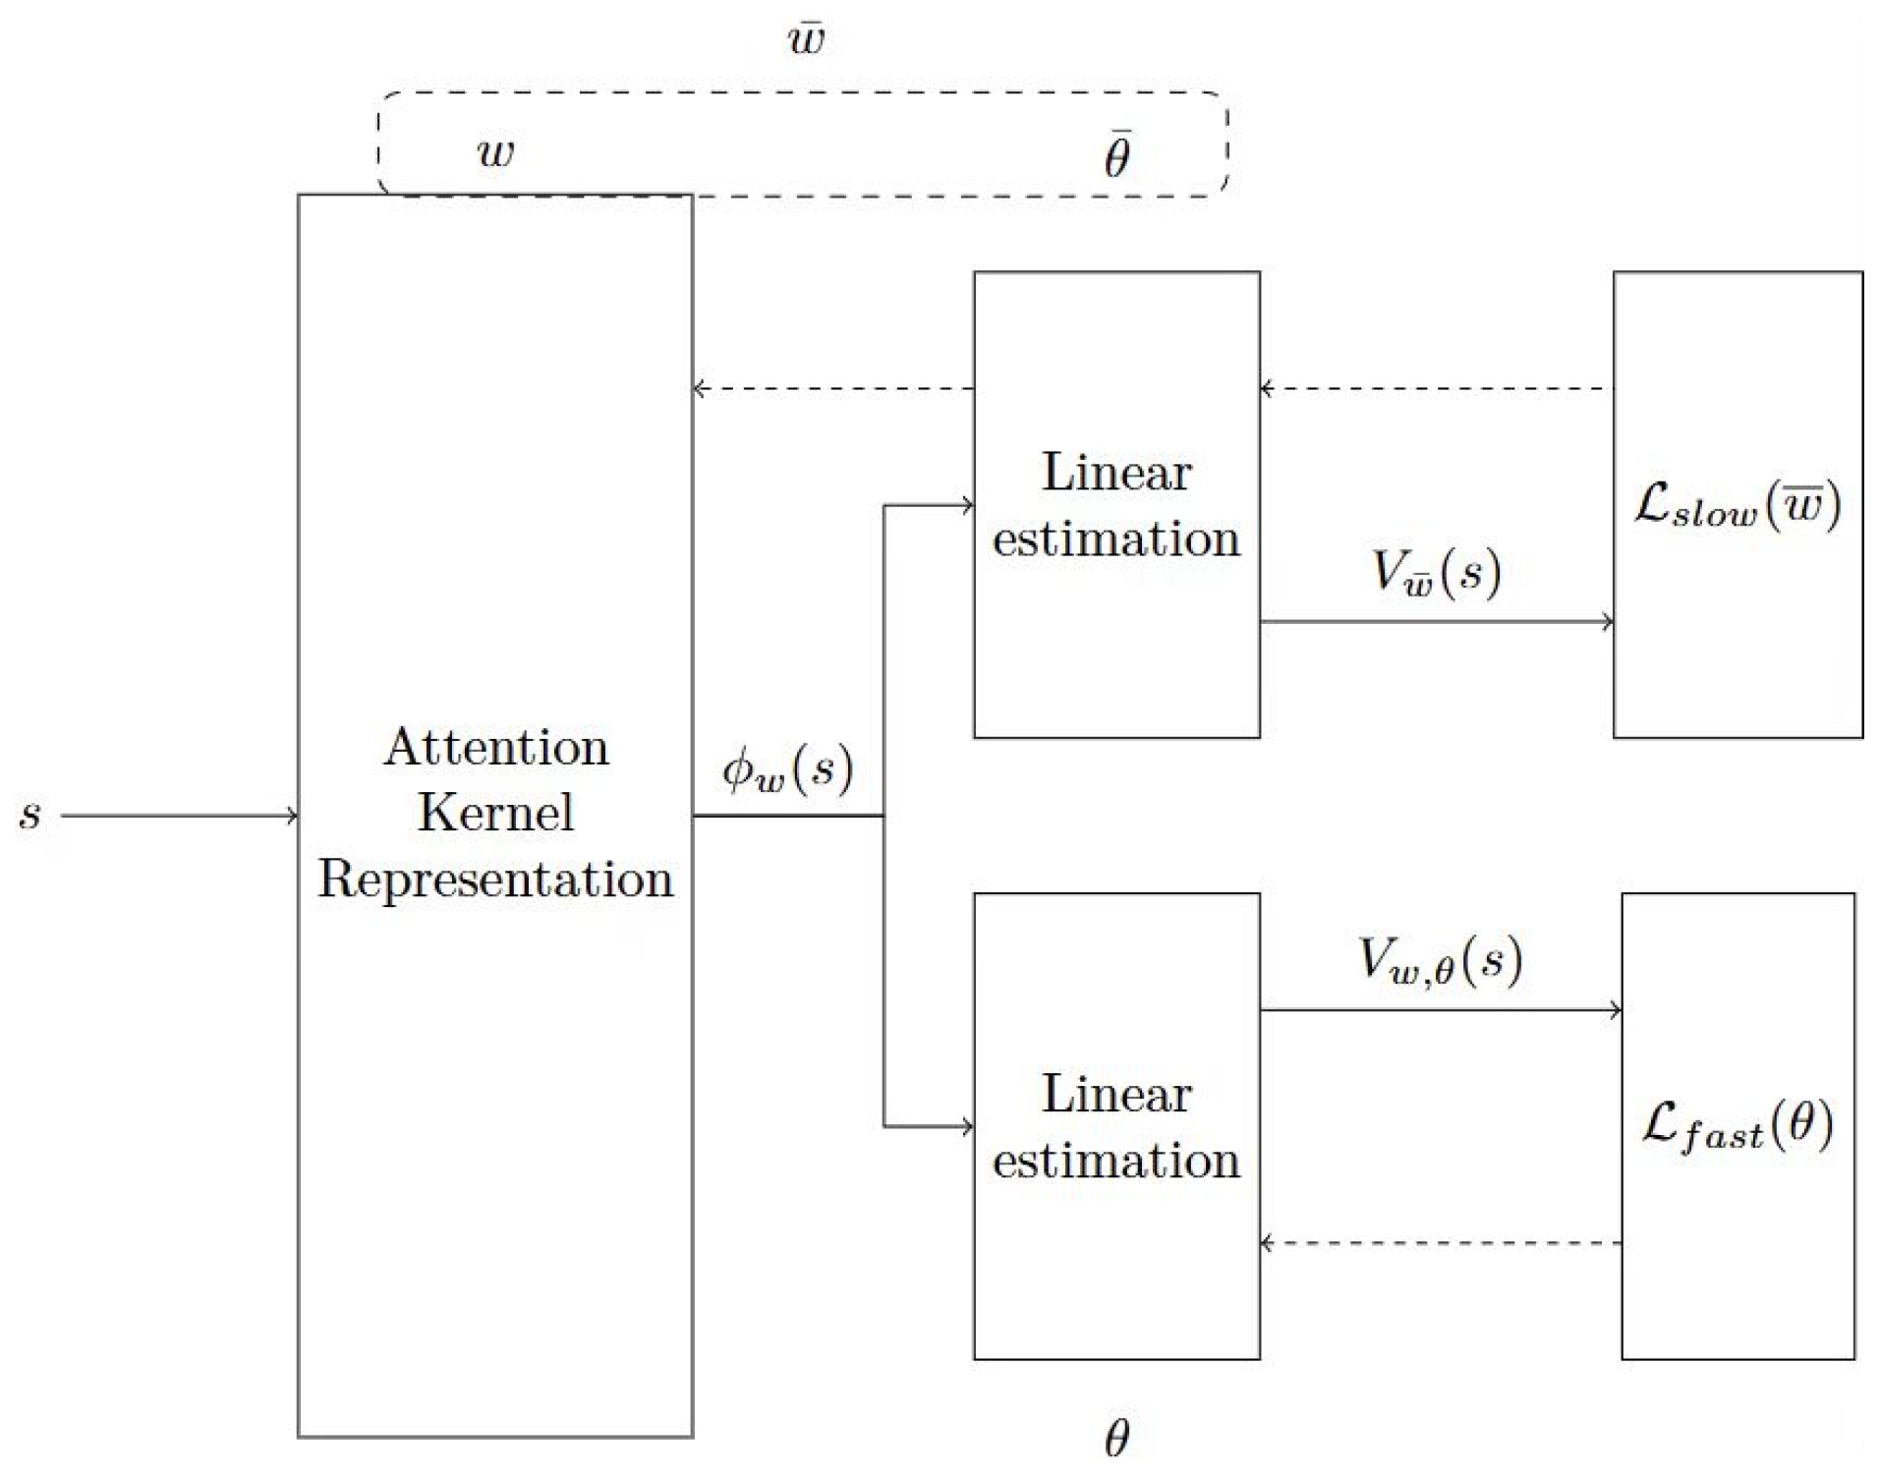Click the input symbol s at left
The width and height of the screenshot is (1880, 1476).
click(30, 815)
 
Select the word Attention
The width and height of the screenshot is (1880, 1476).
click(496, 748)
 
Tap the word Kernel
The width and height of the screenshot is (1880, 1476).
click(496, 813)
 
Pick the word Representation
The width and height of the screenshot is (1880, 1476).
click(496, 879)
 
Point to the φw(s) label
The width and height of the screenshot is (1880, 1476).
click(787, 769)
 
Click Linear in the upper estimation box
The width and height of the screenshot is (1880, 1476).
click(1116, 473)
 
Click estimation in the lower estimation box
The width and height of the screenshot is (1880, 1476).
click(1116, 1161)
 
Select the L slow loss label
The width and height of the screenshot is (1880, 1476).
click(1738, 506)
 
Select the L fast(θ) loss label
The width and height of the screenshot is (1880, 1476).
click(1738, 1126)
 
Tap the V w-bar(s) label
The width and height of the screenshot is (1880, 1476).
click(1436, 572)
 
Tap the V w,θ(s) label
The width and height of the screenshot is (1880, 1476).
click(1440, 960)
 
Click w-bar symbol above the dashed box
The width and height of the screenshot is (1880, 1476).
click(806, 39)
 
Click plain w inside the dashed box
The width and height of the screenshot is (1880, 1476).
click(495, 152)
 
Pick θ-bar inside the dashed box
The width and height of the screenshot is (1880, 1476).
click(1117, 154)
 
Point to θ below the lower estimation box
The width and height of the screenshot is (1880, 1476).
click(1117, 1438)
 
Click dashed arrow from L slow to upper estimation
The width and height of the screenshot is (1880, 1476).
click(1436, 389)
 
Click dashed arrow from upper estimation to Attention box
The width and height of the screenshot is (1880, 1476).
click(833, 389)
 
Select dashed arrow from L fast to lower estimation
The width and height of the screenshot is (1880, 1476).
click(1440, 1244)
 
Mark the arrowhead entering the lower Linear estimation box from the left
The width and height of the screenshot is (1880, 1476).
click(967, 1126)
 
